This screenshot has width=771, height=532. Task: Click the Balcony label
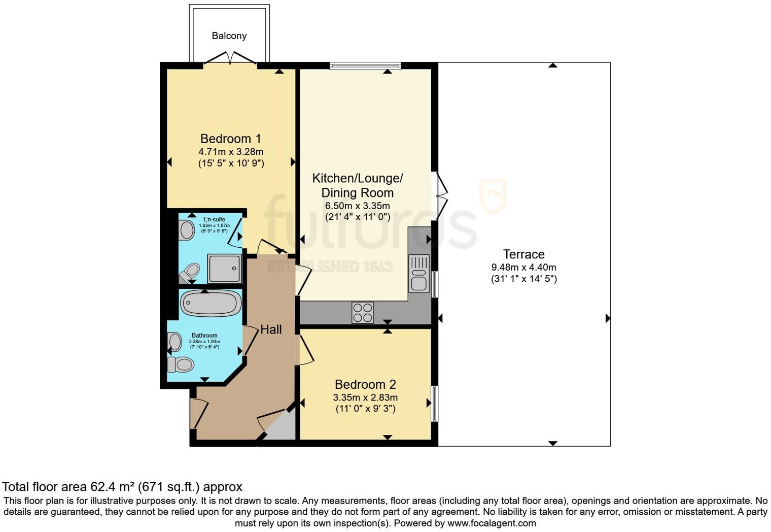(x=229, y=36)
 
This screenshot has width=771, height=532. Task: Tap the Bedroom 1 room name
(x=230, y=139)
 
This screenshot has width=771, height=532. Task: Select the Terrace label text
(x=523, y=254)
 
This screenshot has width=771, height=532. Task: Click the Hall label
(x=271, y=329)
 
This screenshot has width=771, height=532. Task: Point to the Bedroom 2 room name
(x=365, y=384)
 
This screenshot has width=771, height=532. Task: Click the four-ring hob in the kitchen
(x=362, y=312)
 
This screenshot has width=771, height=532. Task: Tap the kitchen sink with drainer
(x=419, y=274)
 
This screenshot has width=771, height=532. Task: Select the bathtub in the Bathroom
(x=211, y=304)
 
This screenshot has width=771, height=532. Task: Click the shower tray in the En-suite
(x=224, y=268)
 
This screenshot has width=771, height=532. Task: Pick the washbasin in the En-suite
(x=187, y=230)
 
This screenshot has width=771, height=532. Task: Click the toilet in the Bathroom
(x=181, y=364)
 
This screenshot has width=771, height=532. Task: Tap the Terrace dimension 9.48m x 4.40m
(x=523, y=268)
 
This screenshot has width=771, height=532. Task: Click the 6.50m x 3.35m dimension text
(x=357, y=206)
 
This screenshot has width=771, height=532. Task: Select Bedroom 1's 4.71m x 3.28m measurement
(x=230, y=152)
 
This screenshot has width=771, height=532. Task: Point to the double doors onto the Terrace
(x=441, y=195)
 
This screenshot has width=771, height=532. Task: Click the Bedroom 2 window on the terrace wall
(x=434, y=404)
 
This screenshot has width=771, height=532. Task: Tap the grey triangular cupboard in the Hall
(x=282, y=428)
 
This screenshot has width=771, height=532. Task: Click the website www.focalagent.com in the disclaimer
(x=492, y=523)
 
